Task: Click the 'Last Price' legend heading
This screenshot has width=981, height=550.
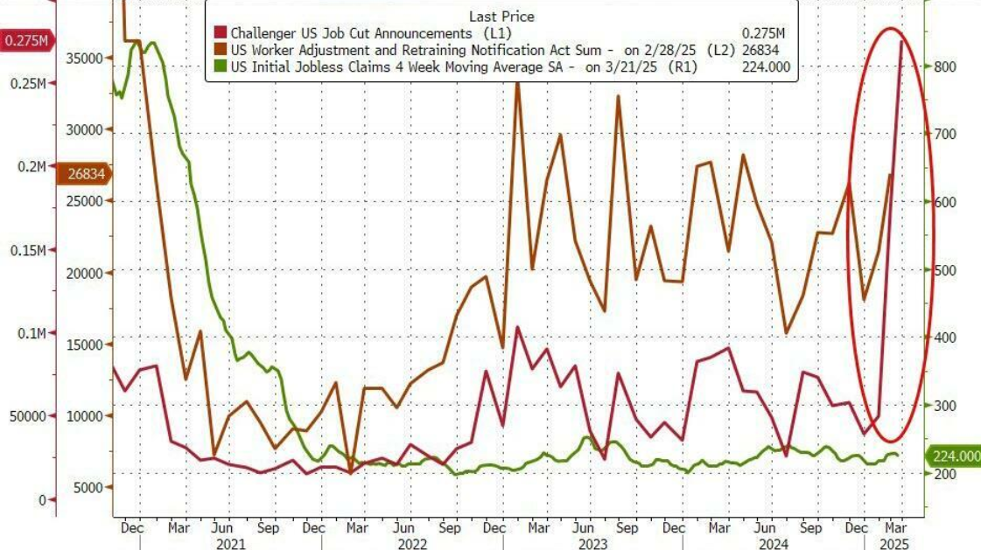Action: (x=501, y=17)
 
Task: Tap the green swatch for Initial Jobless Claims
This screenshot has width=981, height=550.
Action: (x=219, y=66)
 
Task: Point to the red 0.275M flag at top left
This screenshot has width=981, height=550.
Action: (x=25, y=40)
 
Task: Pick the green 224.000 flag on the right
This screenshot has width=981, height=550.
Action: (x=954, y=456)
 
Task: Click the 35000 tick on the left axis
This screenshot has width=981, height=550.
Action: (x=86, y=58)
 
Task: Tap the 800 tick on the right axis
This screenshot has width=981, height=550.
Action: (x=948, y=66)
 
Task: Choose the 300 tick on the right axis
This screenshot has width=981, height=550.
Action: (x=948, y=406)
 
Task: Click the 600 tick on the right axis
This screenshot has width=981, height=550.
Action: (x=948, y=202)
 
